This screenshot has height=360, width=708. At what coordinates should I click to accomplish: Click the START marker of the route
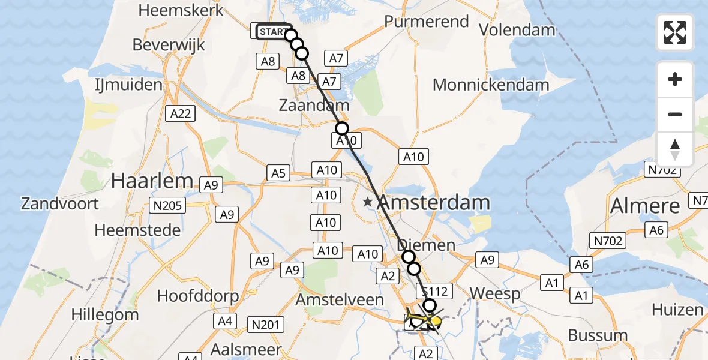[274, 31]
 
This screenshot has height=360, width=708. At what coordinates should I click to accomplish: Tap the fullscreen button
[675, 32]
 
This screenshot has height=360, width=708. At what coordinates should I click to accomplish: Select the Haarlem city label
[151, 180]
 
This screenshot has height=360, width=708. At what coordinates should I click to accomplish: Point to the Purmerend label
[426, 22]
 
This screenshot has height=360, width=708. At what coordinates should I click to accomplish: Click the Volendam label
[517, 30]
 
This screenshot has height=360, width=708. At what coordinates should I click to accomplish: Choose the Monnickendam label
[490, 85]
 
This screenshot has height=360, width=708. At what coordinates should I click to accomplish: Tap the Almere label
[645, 206]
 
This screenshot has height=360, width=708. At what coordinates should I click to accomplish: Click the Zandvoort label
[60, 203]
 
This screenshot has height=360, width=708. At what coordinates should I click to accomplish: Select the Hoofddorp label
[198, 296]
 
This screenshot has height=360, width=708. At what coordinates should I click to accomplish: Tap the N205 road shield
[168, 206]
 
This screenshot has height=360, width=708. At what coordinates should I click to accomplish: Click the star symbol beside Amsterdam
[367, 203]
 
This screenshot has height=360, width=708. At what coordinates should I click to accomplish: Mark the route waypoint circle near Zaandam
[341, 128]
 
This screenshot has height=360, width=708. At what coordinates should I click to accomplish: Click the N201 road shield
[265, 325]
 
